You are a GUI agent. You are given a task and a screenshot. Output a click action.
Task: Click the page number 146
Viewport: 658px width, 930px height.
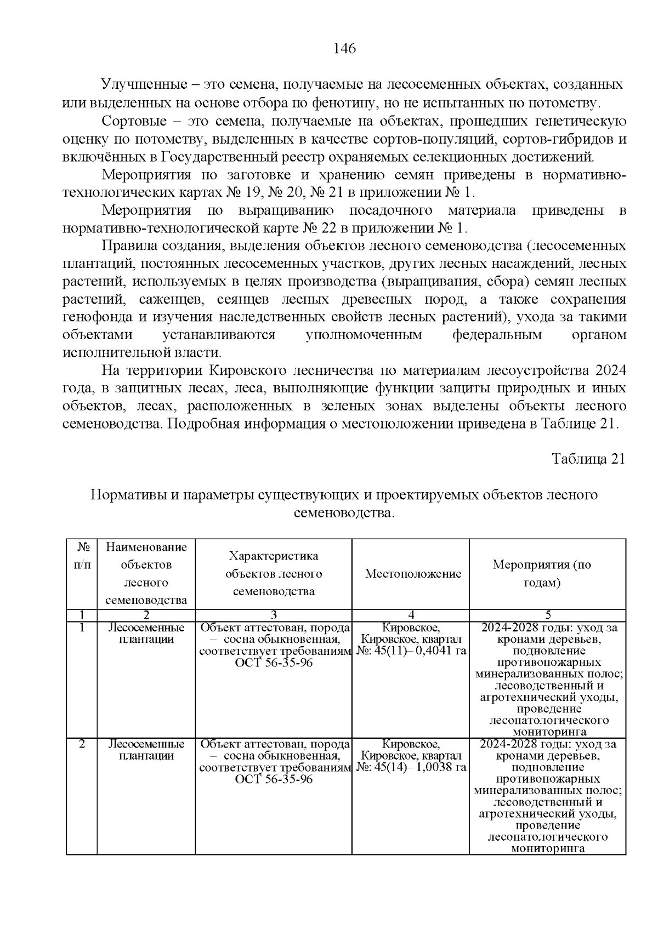tap(345, 49)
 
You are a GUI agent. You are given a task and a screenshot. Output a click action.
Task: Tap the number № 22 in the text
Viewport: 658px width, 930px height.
tap(315, 228)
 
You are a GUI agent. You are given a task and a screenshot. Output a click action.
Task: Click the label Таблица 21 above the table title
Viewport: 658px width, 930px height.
tap(588, 459)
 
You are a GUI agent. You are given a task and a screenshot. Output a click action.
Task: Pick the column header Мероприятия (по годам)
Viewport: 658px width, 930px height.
tap(547, 574)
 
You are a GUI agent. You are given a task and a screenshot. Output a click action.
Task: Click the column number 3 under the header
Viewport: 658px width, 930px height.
tap(273, 615)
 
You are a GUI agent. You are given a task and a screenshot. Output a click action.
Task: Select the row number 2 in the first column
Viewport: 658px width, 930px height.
tap(82, 744)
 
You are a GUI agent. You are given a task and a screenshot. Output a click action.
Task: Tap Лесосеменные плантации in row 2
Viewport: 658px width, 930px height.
tap(146, 750)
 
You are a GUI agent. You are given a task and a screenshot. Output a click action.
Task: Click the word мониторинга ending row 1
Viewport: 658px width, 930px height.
tap(547, 732)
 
